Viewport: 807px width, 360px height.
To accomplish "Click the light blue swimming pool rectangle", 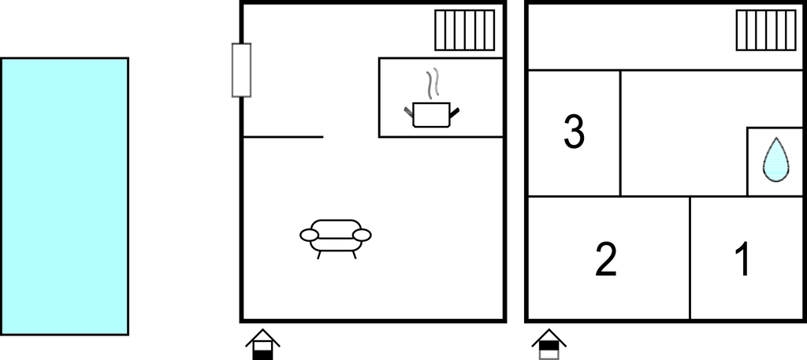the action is (65, 196).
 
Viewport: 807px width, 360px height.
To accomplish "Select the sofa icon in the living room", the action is (336, 238).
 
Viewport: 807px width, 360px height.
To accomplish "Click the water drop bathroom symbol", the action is (775, 159).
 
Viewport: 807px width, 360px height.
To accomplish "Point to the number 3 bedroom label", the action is (575, 132).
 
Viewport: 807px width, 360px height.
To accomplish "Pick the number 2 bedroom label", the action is (606, 258).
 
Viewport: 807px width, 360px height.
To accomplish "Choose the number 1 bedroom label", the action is (742, 258).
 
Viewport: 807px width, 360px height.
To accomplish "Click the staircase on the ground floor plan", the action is (465, 31).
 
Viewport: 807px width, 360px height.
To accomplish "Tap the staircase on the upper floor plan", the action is (766, 31).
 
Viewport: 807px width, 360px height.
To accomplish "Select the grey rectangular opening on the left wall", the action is (241, 70).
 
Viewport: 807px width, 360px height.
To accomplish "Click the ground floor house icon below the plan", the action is (262, 344).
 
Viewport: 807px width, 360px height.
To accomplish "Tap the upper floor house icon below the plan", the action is (549, 344).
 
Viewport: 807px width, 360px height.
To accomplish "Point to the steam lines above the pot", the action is (433, 83).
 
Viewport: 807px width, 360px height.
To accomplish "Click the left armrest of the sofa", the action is (309, 235).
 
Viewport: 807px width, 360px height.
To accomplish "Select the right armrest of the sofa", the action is (362, 235).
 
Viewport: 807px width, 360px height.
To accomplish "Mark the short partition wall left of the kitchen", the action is (283, 137).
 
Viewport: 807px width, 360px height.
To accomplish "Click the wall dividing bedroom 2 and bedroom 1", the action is (690, 258).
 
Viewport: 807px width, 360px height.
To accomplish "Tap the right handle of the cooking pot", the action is (455, 112).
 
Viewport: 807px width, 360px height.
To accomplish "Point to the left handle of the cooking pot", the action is (409, 112).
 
